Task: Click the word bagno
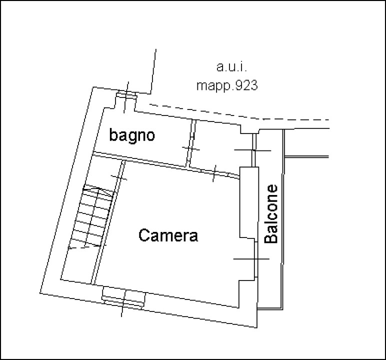pos(132,135)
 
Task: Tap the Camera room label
pos(168,235)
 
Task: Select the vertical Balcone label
pos(271,213)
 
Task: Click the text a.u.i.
pos(231,67)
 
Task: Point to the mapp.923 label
pos(227,85)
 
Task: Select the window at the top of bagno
pos(126,95)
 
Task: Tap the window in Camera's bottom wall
pos(123,297)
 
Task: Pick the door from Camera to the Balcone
pos(256,259)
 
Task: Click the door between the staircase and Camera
pos(119,177)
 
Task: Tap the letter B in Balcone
pos(271,238)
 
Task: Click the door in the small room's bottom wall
pos(214,173)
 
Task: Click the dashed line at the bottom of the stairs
pos(83,247)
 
